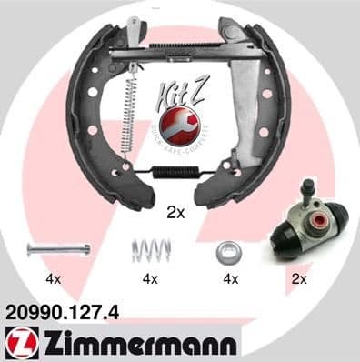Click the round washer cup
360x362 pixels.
(x=228, y=250)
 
